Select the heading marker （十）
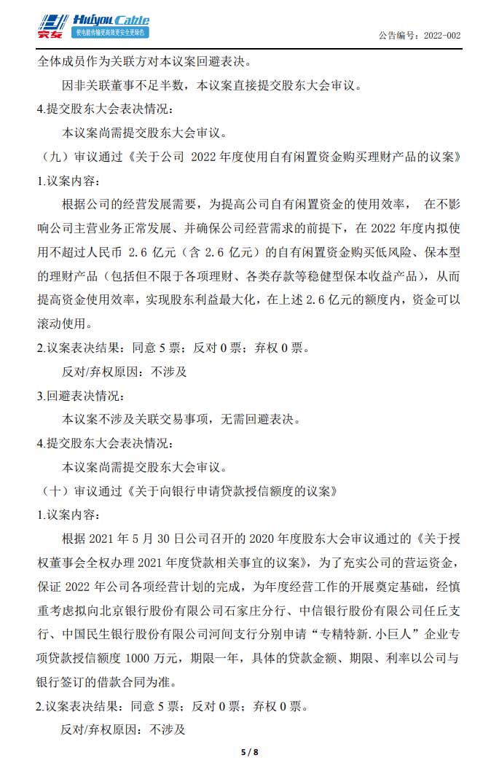point(52,490)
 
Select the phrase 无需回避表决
point(264,419)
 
